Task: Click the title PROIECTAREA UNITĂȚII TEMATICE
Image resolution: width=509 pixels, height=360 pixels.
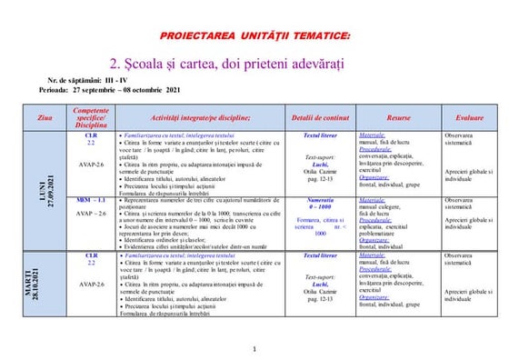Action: coord(254,35)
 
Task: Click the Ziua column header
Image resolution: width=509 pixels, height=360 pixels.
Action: coord(45,119)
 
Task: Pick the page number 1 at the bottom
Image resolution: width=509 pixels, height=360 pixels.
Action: coord(254,350)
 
